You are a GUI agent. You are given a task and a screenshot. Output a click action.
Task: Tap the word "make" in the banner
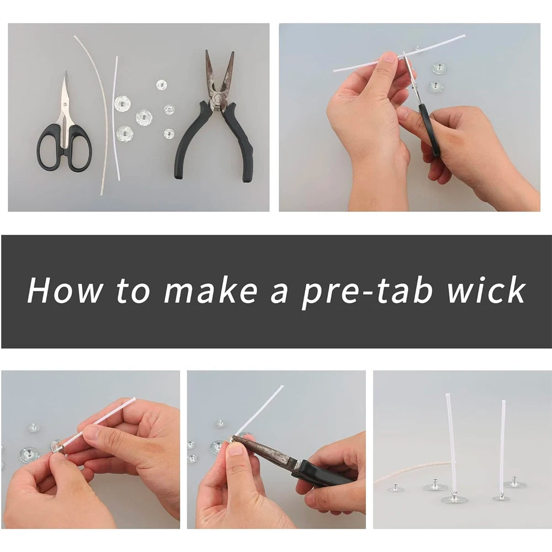[210, 289]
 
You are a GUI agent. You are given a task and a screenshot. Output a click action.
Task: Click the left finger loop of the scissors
[50, 146]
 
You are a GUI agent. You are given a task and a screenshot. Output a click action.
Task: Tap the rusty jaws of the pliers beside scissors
[219, 75]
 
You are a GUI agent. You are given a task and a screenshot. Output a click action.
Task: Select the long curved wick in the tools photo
[99, 110]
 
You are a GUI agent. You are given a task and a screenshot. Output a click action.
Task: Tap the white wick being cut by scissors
[364, 62]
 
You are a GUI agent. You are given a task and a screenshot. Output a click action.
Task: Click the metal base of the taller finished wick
[454, 498]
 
